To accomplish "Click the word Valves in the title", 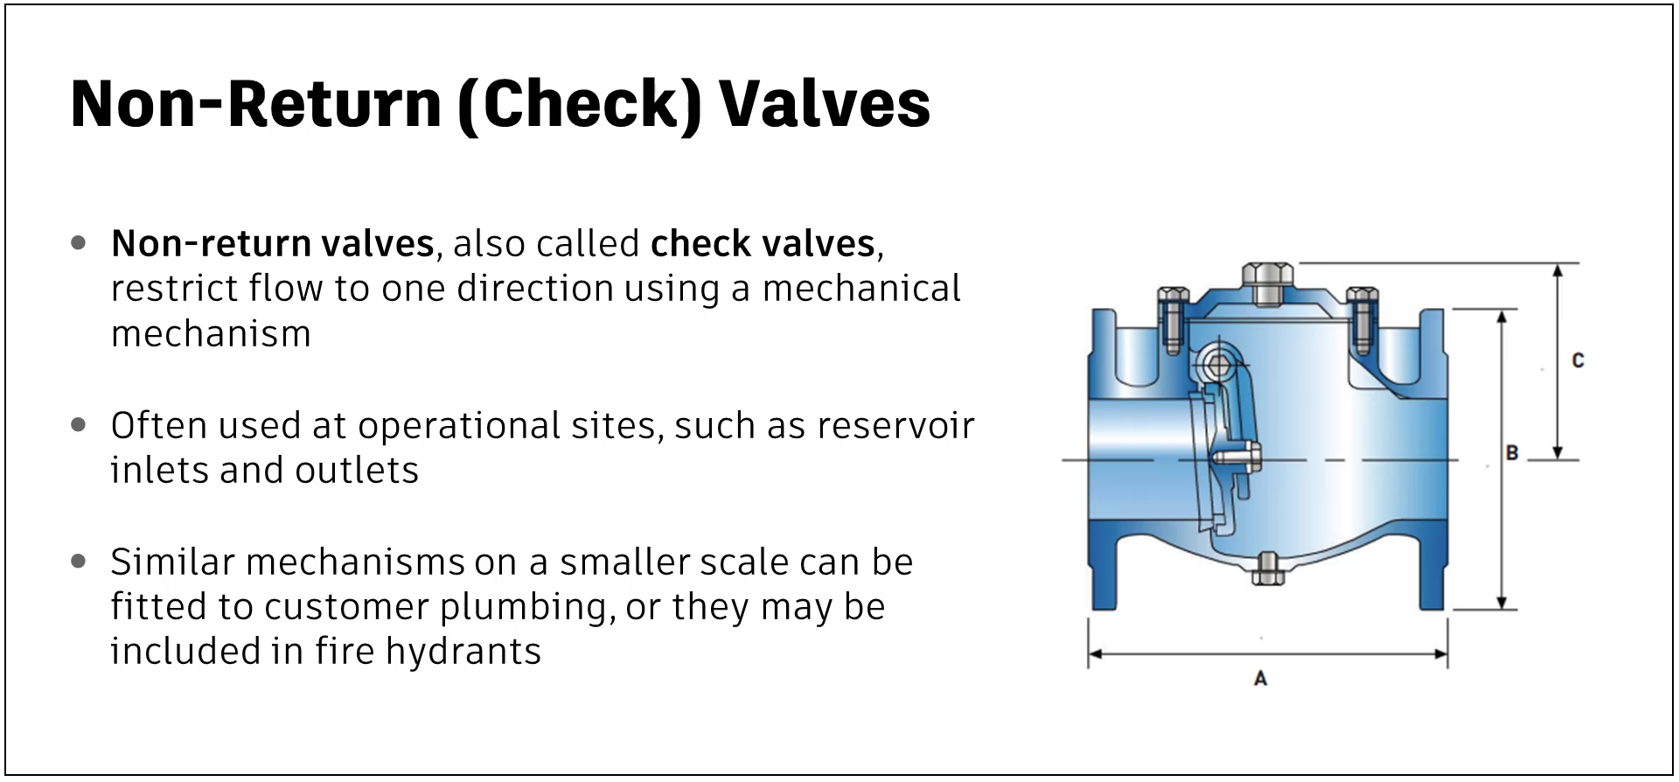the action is pyautogui.click(x=825, y=103).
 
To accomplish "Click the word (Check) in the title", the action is pyautogui.click(x=579, y=105).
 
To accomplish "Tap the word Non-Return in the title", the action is pyautogui.click(x=256, y=103).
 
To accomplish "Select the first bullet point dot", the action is pyautogui.click(x=79, y=242).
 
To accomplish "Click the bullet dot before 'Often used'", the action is pyautogui.click(x=79, y=425).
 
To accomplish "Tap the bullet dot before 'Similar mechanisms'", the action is pyautogui.click(x=79, y=561).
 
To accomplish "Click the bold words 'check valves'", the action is pyautogui.click(x=763, y=243).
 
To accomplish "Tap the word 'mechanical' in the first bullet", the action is pyautogui.click(x=861, y=288).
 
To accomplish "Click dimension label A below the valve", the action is pyautogui.click(x=1260, y=678).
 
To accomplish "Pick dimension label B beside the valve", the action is pyautogui.click(x=1512, y=453).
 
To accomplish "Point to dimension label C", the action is pyautogui.click(x=1578, y=360).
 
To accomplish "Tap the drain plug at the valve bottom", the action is pyautogui.click(x=1267, y=569).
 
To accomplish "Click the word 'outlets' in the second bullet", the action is pyautogui.click(x=358, y=471).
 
